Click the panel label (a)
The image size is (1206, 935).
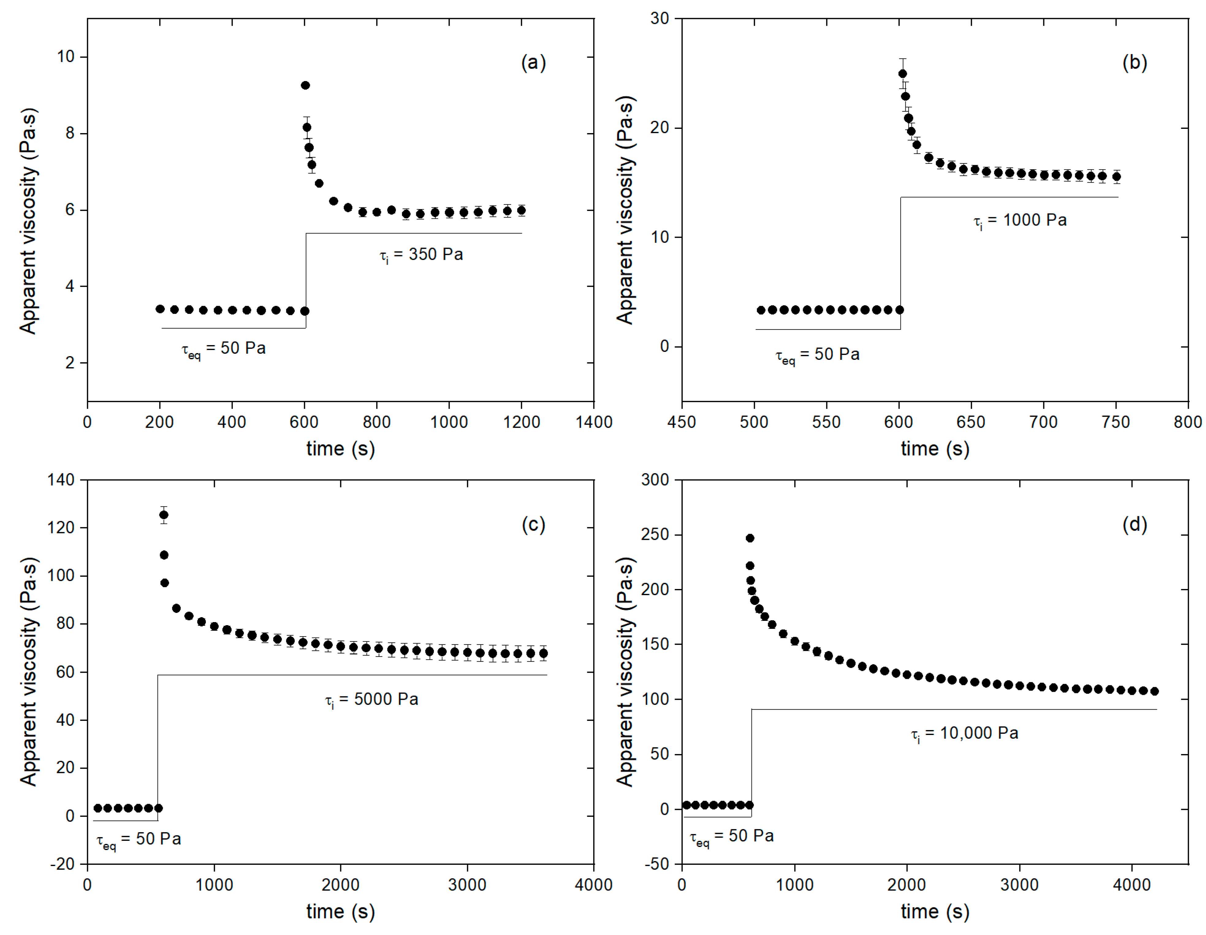533,63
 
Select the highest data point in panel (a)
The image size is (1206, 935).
305,85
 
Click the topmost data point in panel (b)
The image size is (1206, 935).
902,74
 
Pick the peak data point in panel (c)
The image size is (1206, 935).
164,515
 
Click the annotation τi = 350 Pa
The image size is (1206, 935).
421,255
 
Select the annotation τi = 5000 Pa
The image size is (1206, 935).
372,700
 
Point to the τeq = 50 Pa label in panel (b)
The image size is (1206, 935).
817,355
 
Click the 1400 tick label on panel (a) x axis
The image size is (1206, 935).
594,422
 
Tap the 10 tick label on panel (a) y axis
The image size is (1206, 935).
66,56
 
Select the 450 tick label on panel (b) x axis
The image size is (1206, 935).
681,422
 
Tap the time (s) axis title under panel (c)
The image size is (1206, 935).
341,911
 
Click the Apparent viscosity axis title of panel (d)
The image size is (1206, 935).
625,671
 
